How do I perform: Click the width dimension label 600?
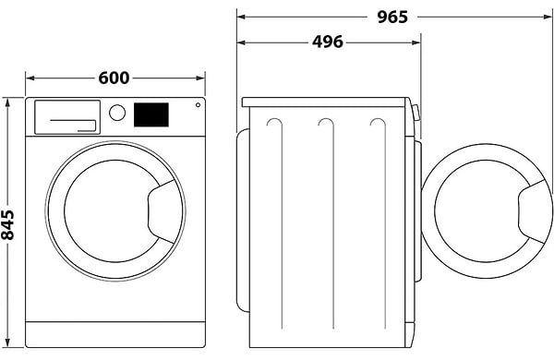tap(114, 78)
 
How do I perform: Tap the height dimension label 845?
tap(8, 222)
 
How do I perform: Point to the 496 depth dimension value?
tap(327, 42)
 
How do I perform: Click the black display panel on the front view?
tap(151, 114)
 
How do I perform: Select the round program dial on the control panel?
tap(117, 113)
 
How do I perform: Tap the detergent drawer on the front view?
tap(66, 116)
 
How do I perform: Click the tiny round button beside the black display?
tap(196, 106)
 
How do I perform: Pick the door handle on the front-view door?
tap(163, 205)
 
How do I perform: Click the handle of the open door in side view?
tap(534, 210)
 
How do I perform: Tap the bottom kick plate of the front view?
tap(114, 334)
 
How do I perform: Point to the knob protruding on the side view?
tap(417, 114)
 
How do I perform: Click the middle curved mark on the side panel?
tap(323, 124)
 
